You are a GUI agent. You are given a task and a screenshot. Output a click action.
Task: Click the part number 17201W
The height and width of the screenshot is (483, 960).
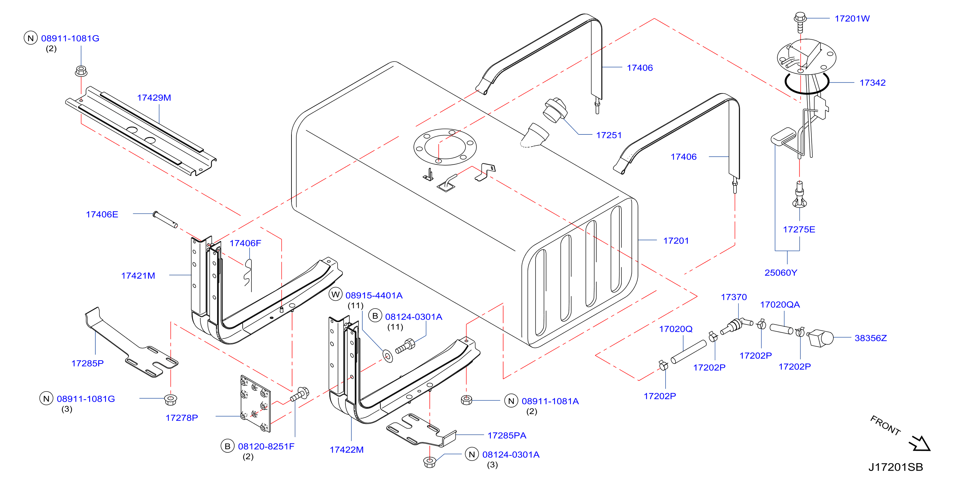(x=852, y=19)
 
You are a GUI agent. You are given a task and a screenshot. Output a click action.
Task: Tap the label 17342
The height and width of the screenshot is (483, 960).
(x=872, y=83)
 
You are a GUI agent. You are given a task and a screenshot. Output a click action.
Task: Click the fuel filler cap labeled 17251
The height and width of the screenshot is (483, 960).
(x=555, y=110)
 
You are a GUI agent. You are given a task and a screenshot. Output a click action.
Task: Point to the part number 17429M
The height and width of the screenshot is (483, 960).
(x=154, y=98)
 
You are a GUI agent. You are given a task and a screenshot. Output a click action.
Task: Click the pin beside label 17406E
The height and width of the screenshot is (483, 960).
(x=165, y=219)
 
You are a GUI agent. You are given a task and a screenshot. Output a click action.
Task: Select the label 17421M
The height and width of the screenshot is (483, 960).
(x=138, y=276)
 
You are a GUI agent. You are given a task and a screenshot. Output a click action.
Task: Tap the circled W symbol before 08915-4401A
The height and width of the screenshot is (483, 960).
(x=335, y=294)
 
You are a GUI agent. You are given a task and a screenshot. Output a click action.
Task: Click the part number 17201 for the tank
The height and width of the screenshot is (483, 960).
(x=676, y=241)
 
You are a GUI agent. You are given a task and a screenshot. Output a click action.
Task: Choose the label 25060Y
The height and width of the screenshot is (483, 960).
(x=781, y=273)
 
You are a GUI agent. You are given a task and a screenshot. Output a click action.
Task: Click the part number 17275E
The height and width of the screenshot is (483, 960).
(x=799, y=229)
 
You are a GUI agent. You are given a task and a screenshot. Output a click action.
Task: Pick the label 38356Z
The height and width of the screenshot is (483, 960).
(x=871, y=338)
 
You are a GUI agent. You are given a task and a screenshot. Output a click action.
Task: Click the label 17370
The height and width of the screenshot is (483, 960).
(x=734, y=297)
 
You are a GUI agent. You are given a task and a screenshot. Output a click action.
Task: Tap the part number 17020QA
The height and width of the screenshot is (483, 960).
(x=780, y=305)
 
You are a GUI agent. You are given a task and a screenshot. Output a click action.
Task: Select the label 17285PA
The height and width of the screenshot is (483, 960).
(x=507, y=435)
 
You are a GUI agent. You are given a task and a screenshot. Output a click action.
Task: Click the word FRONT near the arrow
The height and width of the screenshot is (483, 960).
(x=886, y=425)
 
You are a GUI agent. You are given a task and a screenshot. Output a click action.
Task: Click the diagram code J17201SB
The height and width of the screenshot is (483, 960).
(x=896, y=467)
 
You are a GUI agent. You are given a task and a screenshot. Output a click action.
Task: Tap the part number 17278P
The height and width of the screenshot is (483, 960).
(x=182, y=418)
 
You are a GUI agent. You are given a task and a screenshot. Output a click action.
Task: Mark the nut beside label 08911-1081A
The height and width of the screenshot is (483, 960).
(x=466, y=400)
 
